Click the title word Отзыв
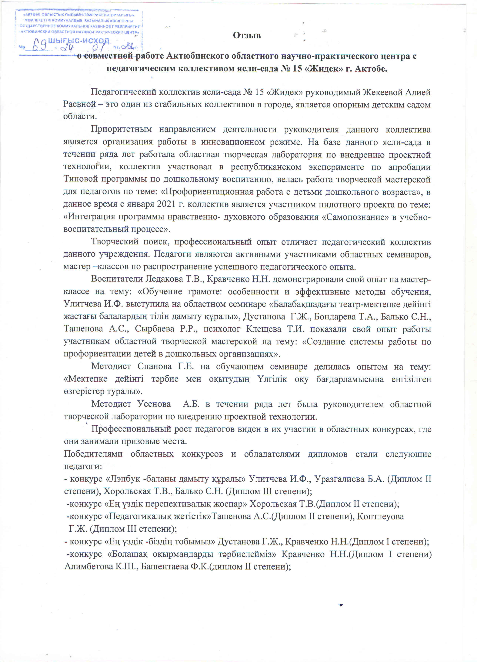(247, 35)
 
